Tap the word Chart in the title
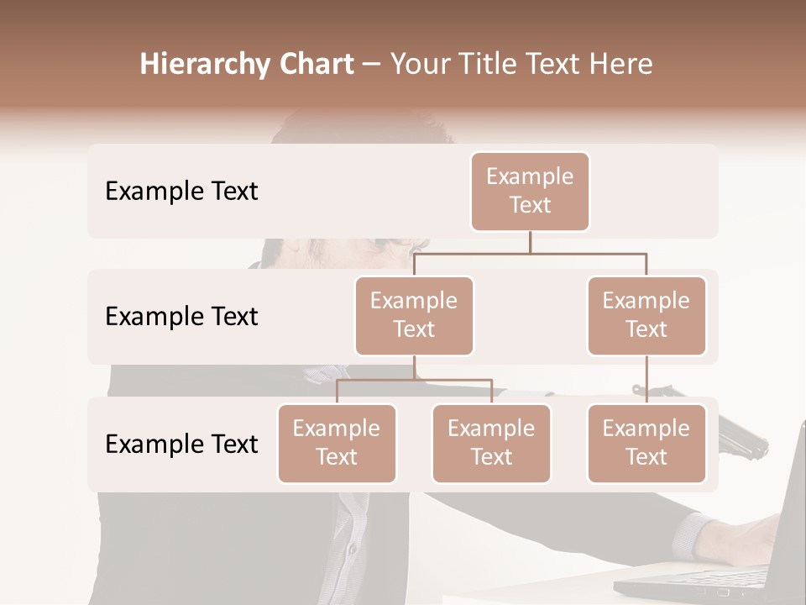coord(315,65)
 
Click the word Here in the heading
coord(620,65)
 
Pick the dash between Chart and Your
coord(372,66)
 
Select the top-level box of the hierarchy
coord(530,192)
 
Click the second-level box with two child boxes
coord(414,316)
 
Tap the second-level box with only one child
coord(646,316)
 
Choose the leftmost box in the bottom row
coord(337,444)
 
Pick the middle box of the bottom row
coord(491,444)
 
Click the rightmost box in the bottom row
coord(646,444)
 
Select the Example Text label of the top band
coord(181,192)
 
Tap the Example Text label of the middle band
coord(181,317)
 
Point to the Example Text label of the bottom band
coord(181,445)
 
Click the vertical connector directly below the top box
coord(530,242)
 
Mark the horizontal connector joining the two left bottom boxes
coord(414,380)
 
